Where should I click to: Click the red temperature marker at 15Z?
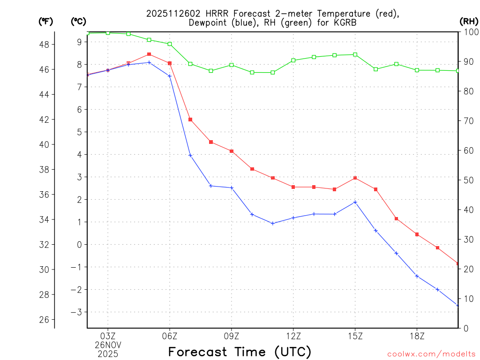(x=355, y=178)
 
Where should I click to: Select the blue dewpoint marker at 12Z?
(x=293, y=217)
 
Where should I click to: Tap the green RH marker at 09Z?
(x=232, y=65)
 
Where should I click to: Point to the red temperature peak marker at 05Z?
(x=149, y=54)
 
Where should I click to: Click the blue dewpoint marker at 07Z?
(x=190, y=155)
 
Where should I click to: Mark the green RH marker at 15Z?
(x=355, y=54)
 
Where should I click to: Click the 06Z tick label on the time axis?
(x=170, y=336)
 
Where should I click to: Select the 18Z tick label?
(x=417, y=336)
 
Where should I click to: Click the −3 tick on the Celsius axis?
(x=76, y=312)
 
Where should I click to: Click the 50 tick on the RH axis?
(x=468, y=180)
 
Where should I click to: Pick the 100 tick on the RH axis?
(x=471, y=32)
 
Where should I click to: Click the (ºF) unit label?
(x=46, y=21)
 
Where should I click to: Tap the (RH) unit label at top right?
(x=469, y=21)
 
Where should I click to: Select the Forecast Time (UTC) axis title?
(x=240, y=352)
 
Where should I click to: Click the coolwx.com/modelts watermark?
(x=431, y=353)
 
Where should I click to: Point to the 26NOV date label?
(x=108, y=345)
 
